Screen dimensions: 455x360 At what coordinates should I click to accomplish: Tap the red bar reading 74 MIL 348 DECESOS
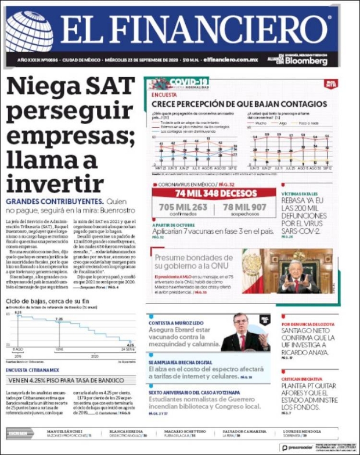tap(214, 193)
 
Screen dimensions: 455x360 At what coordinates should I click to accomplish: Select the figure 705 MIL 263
tap(183, 207)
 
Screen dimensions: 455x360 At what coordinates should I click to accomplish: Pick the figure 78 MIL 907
tap(244, 207)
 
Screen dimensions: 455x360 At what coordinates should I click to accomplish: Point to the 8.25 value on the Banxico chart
tap(18, 313)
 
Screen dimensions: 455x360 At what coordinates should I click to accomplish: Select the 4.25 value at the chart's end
tap(131, 345)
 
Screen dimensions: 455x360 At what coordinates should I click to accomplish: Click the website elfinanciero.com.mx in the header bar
tap(231, 60)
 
